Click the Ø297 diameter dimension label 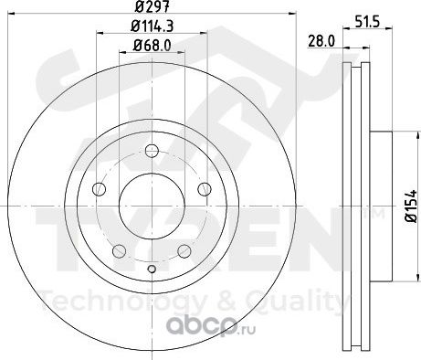coord(152,6)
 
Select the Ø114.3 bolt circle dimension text coord(153,26)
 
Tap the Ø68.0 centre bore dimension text coord(152,46)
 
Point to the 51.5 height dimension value coord(367,22)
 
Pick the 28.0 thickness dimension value coord(321,41)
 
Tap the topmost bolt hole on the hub coord(152,151)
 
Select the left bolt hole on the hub coord(99,189)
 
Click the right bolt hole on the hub coord(205,189)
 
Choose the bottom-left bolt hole coord(120,250)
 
